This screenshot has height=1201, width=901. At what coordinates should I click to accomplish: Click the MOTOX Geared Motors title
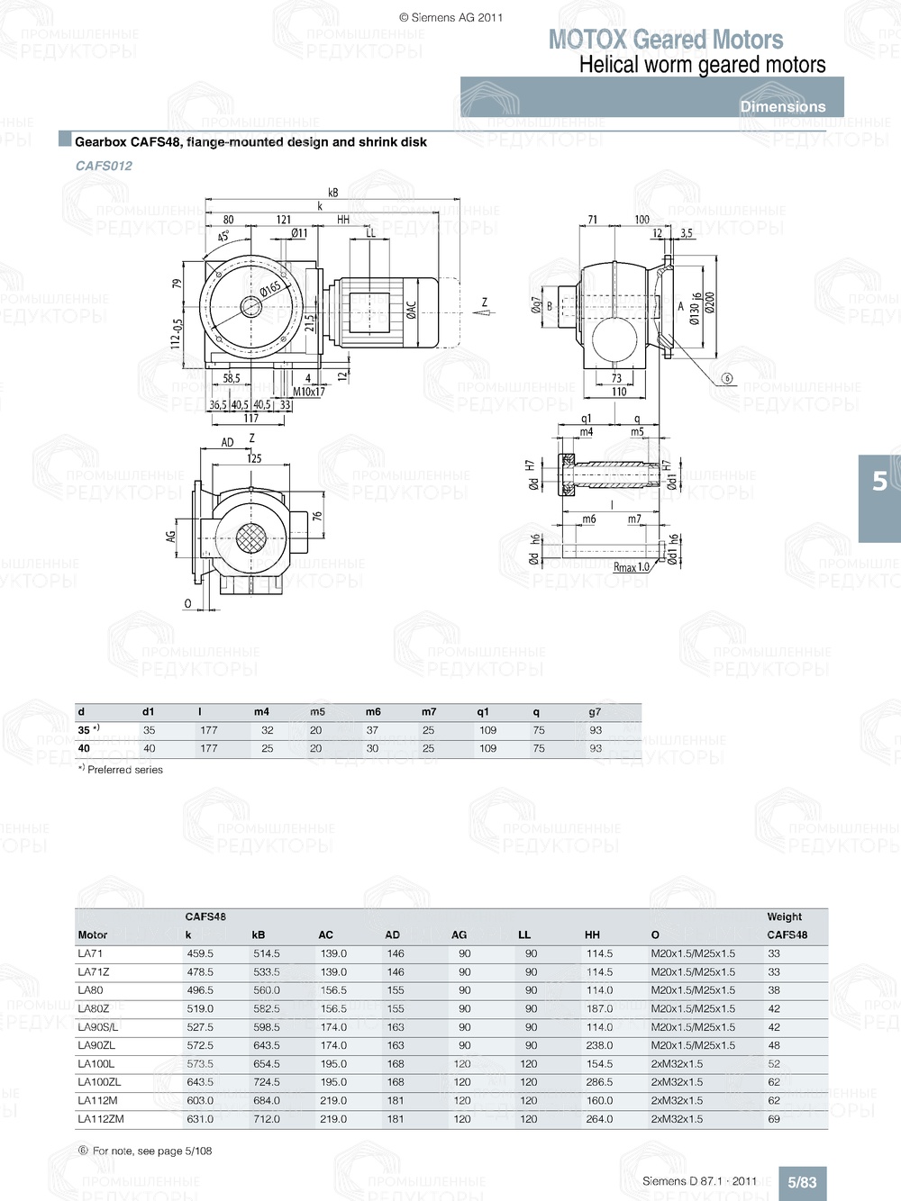point(665,40)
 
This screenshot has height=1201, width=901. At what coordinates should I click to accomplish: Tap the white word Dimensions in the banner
point(782,106)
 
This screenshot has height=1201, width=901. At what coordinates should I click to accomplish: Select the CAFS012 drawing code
point(104,166)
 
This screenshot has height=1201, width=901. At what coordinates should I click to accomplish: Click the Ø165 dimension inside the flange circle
point(270,289)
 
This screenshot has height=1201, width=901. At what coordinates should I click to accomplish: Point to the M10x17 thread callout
point(309,392)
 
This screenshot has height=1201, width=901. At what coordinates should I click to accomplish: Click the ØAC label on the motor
point(412,310)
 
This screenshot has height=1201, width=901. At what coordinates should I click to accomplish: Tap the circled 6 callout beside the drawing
point(727,379)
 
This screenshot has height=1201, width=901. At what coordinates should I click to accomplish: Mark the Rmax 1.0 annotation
point(631,567)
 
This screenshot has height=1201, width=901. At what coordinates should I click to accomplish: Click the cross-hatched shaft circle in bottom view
point(250,538)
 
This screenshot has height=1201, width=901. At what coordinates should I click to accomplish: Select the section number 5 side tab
point(879,482)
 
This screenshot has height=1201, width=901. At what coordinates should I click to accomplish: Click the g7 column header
point(595,711)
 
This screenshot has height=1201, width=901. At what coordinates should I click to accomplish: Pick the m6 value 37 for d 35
point(372,730)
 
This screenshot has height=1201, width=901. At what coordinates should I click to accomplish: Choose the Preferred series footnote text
point(124,770)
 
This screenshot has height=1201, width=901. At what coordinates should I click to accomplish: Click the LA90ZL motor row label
point(96,1045)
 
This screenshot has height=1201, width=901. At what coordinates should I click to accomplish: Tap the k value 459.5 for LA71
point(200,953)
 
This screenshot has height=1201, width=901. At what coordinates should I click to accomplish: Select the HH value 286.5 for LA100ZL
point(599,1082)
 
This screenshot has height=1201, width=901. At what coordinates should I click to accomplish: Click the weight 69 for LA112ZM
point(774,1119)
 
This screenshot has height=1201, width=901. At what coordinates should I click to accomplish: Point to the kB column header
point(259,935)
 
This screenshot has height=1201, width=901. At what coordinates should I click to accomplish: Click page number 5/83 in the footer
point(802,1182)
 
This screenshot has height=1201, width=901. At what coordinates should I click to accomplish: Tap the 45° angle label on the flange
point(223,237)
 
